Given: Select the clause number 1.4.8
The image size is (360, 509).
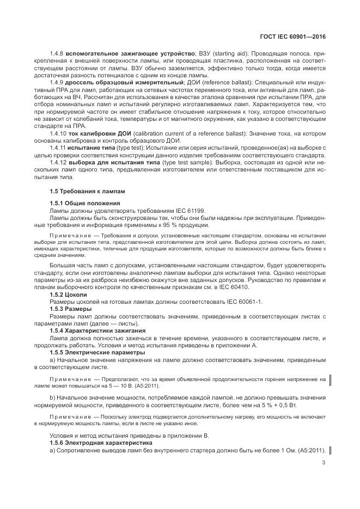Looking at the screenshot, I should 57,54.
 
